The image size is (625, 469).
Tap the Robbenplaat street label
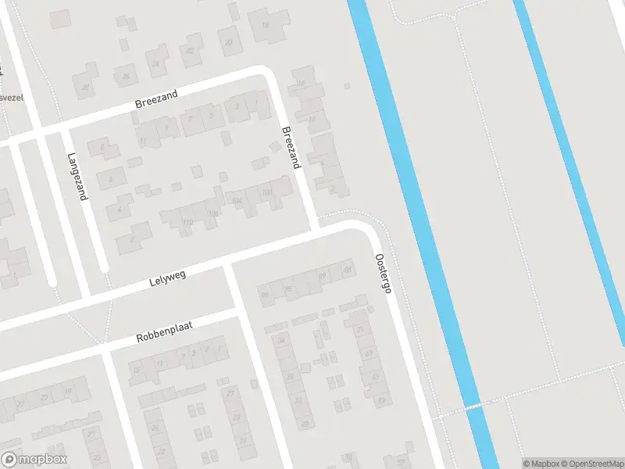[164, 335]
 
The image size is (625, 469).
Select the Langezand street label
[76, 176]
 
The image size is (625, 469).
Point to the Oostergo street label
[382, 273]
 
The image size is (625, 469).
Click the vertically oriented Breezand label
[291, 148]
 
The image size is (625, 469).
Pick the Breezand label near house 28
[156, 99]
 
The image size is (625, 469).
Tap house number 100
[267, 192]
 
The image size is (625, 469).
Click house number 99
[264, 295]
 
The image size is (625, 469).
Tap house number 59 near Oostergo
[381, 399]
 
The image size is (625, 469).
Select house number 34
[280, 341]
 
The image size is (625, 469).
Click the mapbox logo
[34, 460]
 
